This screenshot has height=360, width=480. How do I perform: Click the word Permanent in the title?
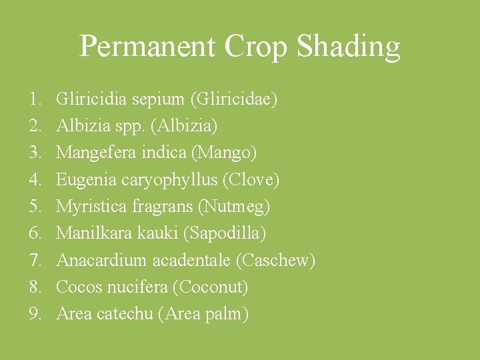(x=147, y=47)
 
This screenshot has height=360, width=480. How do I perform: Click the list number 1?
(x=35, y=100)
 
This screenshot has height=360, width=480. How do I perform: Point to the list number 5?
(x=35, y=207)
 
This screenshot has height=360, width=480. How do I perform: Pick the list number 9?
(x=35, y=314)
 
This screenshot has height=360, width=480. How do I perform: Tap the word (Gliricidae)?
(x=234, y=100)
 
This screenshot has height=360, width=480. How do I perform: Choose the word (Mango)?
(x=224, y=153)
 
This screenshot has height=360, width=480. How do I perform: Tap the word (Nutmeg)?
(x=234, y=207)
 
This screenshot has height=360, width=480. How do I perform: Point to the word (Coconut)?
(x=211, y=287)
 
